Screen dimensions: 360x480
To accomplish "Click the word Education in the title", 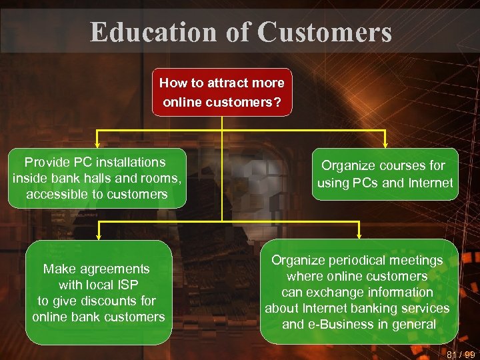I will [x=154, y=31].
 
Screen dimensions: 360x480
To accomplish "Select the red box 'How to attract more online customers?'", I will [x=222, y=92].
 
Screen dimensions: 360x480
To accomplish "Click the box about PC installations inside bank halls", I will [x=98, y=178].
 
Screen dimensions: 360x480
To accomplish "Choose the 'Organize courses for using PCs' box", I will [x=385, y=174].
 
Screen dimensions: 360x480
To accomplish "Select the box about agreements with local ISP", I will [x=98, y=292].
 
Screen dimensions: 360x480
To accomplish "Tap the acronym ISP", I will [x=125, y=285].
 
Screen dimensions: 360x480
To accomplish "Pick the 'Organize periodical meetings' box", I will [x=358, y=292].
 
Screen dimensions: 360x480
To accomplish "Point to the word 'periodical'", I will [x=357, y=260].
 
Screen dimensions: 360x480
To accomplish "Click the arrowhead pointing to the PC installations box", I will [x=98, y=142].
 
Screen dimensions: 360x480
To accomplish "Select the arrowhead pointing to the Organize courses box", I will [x=385, y=142].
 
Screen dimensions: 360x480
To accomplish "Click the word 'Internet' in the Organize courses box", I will [x=429, y=183].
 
